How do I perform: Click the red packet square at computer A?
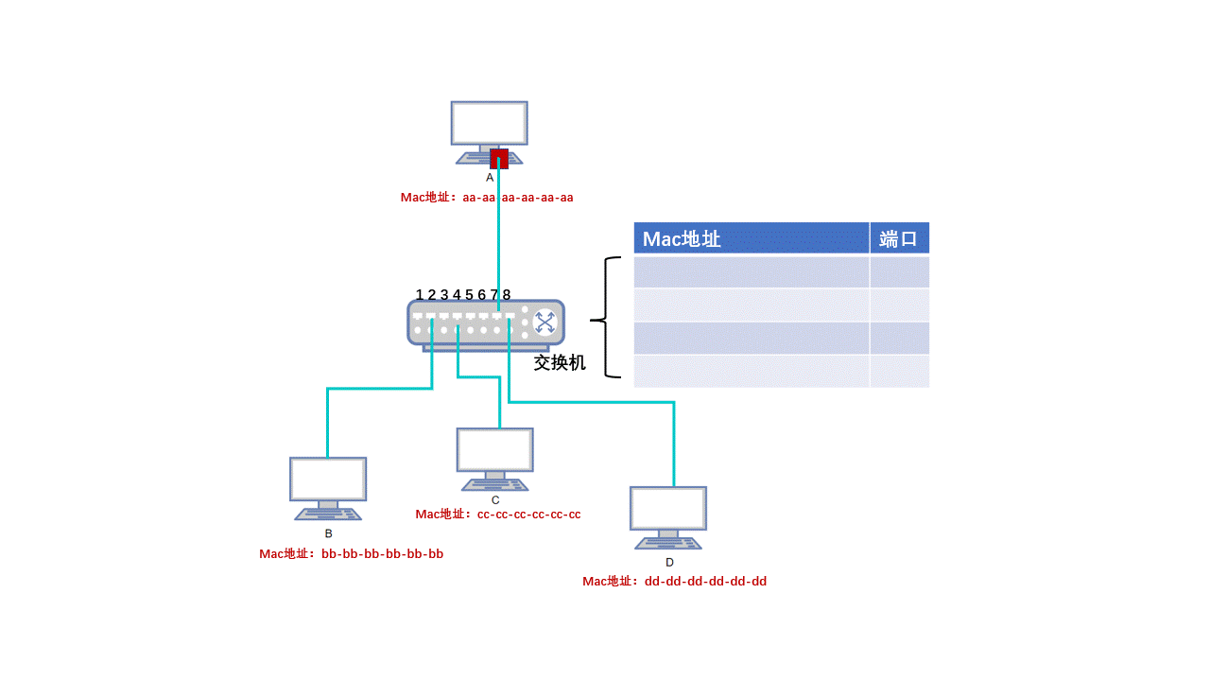point(499,158)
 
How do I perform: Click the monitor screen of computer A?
point(489,123)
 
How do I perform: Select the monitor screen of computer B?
point(327,480)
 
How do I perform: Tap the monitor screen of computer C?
point(494,450)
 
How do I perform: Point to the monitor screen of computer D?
point(668,509)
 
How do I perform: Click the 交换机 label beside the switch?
point(560,362)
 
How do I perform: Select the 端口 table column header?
point(899,238)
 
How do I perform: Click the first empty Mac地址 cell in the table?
point(751,272)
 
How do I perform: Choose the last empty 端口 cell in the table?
point(899,371)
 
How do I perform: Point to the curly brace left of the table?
point(606,322)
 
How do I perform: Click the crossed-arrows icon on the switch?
point(545,323)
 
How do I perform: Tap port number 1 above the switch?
point(420,295)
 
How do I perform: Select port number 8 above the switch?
point(507,295)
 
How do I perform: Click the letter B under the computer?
point(328,533)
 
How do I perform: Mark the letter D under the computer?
point(669,563)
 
